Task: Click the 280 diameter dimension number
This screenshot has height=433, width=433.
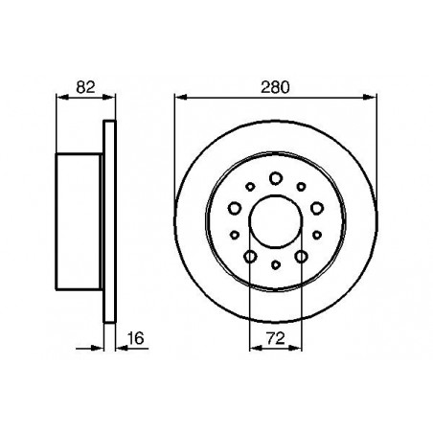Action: pos(275,86)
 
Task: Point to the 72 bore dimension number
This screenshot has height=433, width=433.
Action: pos(275,336)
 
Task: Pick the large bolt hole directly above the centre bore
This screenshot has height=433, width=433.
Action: pos(275,177)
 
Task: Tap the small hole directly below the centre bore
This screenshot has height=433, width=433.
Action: pos(275,264)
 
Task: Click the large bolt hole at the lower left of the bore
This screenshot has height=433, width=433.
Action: pos(250,256)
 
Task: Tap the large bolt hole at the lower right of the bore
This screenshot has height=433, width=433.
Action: pos(300,256)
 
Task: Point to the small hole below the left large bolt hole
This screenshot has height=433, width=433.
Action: pos(235,233)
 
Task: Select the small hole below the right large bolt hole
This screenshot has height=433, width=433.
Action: pos(316,233)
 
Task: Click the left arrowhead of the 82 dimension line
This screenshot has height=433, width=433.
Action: pos(62,96)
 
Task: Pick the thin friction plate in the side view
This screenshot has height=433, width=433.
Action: pos(109,221)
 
